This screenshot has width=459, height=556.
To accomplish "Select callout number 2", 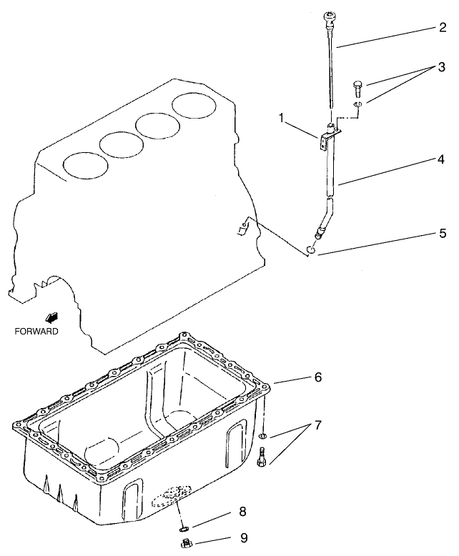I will pyautogui.click(x=443, y=29).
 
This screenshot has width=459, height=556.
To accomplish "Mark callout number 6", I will pyautogui.click(x=318, y=377).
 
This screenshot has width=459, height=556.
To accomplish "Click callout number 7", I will pyautogui.click(x=318, y=425).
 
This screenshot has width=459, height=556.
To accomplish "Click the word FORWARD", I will pyautogui.click(x=36, y=332).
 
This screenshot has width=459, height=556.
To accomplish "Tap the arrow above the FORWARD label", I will pyautogui.click(x=51, y=317).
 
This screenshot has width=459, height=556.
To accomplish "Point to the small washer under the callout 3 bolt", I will pyautogui.click(x=358, y=106).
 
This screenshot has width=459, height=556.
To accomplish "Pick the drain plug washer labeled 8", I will pyautogui.click(x=184, y=528).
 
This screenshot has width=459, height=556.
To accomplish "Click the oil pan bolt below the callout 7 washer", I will pyautogui.click(x=262, y=456).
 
